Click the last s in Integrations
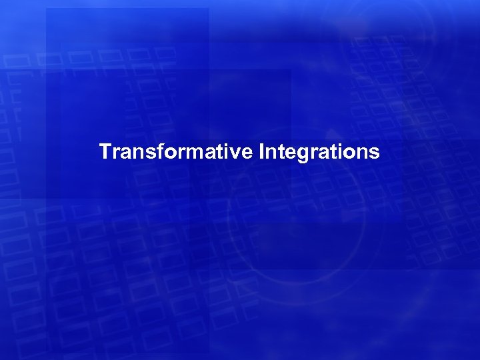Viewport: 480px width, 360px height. click(x=374, y=153)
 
